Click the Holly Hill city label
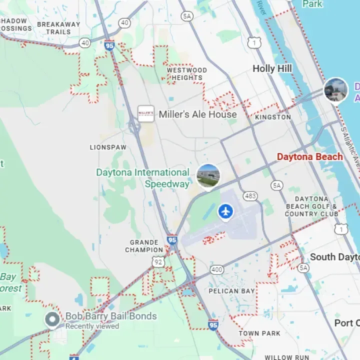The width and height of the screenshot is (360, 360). [x=272, y=68]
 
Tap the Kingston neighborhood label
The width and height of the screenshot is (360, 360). [x=272, y=117]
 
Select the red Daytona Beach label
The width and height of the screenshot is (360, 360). [x=310, y=156]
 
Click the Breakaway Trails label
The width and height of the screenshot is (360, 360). [x=58, y=28]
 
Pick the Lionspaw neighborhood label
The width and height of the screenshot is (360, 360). [x=108, y=147]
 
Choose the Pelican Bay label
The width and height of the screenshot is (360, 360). [x=231, y=291]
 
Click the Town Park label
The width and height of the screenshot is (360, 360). [x=259, y=333]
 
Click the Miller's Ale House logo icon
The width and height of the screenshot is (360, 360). [x=146, y=114]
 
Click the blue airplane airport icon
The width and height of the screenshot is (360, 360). [x=226, y=211]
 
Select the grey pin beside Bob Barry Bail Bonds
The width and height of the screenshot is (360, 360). [x=52, y=319]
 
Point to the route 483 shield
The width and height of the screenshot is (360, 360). [x=250, y=195]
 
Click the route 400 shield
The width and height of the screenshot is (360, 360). [x=217, y=269]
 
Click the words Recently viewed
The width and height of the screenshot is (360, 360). [x=92, y=326]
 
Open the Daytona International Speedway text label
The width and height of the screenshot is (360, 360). [x=143, y=178]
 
